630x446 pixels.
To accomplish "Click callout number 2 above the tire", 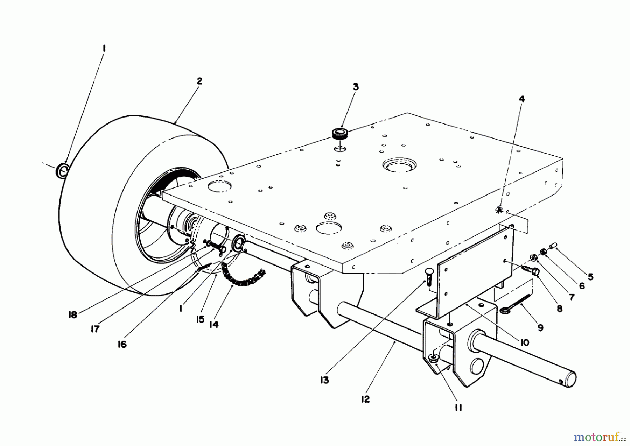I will [199, 81].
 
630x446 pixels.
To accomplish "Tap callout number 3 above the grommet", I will [356, 87].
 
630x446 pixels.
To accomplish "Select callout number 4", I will [521, 99].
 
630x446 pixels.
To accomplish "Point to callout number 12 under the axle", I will [365, 399].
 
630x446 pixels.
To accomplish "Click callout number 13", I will [324, 380].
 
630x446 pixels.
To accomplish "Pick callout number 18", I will [72, 315].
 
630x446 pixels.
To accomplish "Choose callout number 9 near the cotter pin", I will [540, 328].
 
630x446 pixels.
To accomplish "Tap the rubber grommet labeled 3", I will [339, 133].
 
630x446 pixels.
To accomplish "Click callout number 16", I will [122, 344].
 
